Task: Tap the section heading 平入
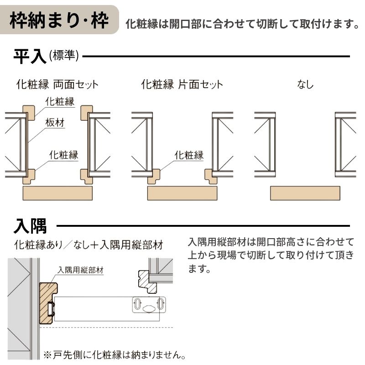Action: [30, 57]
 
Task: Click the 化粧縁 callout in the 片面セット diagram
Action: [189, 155]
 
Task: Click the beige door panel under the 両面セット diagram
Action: [57, 193]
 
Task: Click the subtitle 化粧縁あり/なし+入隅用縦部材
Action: [89, 245]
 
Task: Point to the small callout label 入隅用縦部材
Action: [81, 270]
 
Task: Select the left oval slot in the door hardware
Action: [137, 303]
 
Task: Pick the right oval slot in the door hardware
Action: [160, 303]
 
